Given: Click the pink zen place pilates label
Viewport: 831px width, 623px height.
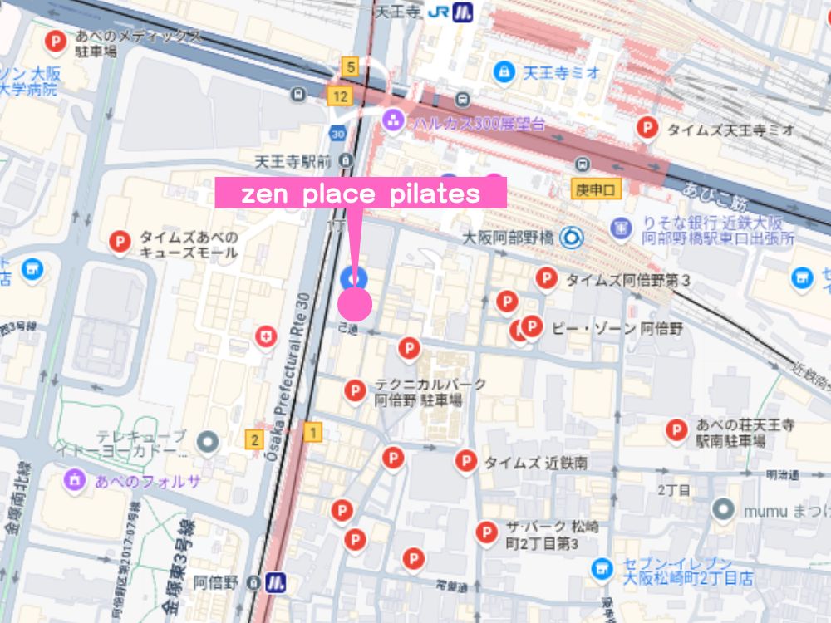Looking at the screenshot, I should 361,193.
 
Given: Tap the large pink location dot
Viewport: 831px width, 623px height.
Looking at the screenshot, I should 355,303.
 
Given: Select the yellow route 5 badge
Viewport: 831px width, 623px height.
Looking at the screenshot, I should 352,67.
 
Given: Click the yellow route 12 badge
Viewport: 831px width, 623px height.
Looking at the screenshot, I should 337,96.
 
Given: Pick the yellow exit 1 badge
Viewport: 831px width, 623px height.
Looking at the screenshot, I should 312,432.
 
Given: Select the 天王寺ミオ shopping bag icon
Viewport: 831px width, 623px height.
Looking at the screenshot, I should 503,72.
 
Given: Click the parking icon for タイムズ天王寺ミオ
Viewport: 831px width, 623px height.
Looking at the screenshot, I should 647,128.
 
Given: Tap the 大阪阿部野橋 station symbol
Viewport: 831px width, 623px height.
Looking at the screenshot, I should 571,238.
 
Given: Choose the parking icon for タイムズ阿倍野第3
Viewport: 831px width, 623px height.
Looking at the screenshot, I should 546,278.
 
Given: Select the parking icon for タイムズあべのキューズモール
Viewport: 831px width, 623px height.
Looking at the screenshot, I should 120,242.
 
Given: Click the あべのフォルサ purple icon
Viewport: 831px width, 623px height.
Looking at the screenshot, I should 75,479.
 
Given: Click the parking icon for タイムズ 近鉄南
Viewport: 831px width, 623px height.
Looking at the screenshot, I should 466,461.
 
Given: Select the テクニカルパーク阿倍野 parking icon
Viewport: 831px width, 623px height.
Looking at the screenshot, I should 355,390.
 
